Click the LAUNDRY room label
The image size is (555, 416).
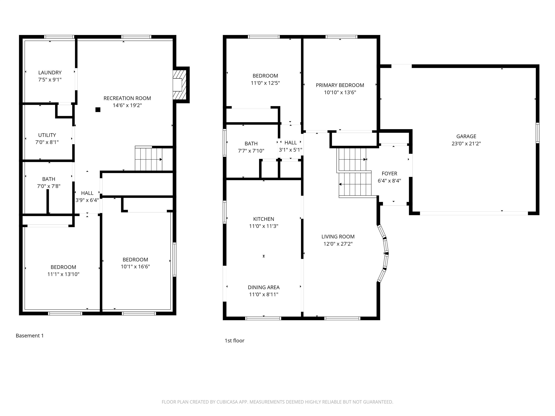coord(50,72)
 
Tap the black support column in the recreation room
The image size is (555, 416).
coord(98,110)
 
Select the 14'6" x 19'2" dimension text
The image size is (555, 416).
coord(127,105)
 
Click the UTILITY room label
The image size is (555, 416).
coord(47,135)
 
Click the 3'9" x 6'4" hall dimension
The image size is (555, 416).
coord(87,200)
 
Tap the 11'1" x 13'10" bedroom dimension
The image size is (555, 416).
coord(63,274)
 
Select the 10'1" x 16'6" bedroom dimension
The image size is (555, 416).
coord(135,266)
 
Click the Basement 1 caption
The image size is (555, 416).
coord(30,335)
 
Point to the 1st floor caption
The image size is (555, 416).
coord(234,341)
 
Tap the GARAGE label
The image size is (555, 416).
coord(466,136)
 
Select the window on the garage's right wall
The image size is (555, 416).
coord(537,133)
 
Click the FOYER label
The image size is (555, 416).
coord(389,174)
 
